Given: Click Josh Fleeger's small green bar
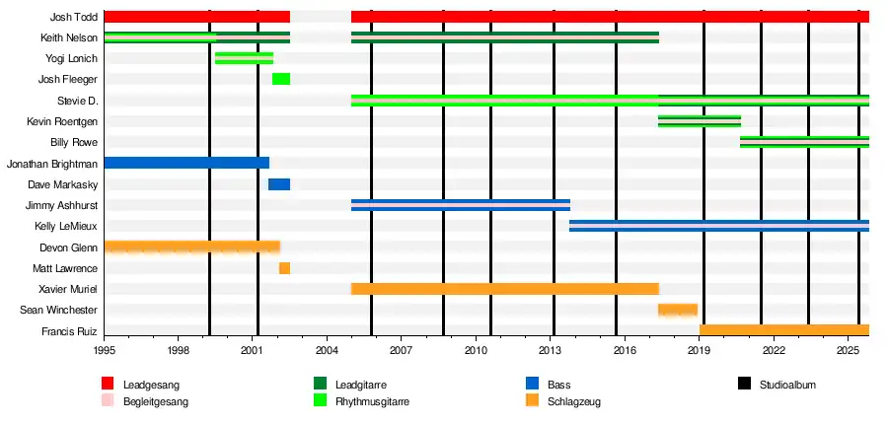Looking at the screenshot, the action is (x=281, y=79).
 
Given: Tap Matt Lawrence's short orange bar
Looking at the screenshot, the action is (x=284, y=268).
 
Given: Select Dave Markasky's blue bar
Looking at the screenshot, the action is (x=279, y=184).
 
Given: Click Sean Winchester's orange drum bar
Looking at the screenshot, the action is (x=678, y=311).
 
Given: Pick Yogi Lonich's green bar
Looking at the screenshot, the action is (x=244, y=58).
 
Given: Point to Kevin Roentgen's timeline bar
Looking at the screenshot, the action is (x=700, y=121).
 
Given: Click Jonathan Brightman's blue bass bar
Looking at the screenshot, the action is (x=186, y=163).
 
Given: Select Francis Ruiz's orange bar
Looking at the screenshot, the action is (x=784, y=330).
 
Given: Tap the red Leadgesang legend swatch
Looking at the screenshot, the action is (x=108, y=384).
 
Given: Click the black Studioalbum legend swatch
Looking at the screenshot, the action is (x=745, y=384).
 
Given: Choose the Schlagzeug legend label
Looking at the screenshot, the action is (x=574, y=402).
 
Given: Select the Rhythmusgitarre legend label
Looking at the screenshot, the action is (x=373, y=402).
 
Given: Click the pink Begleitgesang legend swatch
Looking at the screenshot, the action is (x=108, y=401).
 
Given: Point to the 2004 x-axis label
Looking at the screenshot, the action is (x=327, y=350).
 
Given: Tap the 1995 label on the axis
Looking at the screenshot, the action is (x=105, y=350).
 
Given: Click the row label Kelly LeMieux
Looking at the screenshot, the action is (x=66, y=227).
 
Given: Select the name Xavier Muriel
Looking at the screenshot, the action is (x=68, y=289).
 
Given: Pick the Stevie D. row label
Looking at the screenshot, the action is (x=78, y=101).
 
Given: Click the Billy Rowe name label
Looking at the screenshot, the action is (x=74, y=143).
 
